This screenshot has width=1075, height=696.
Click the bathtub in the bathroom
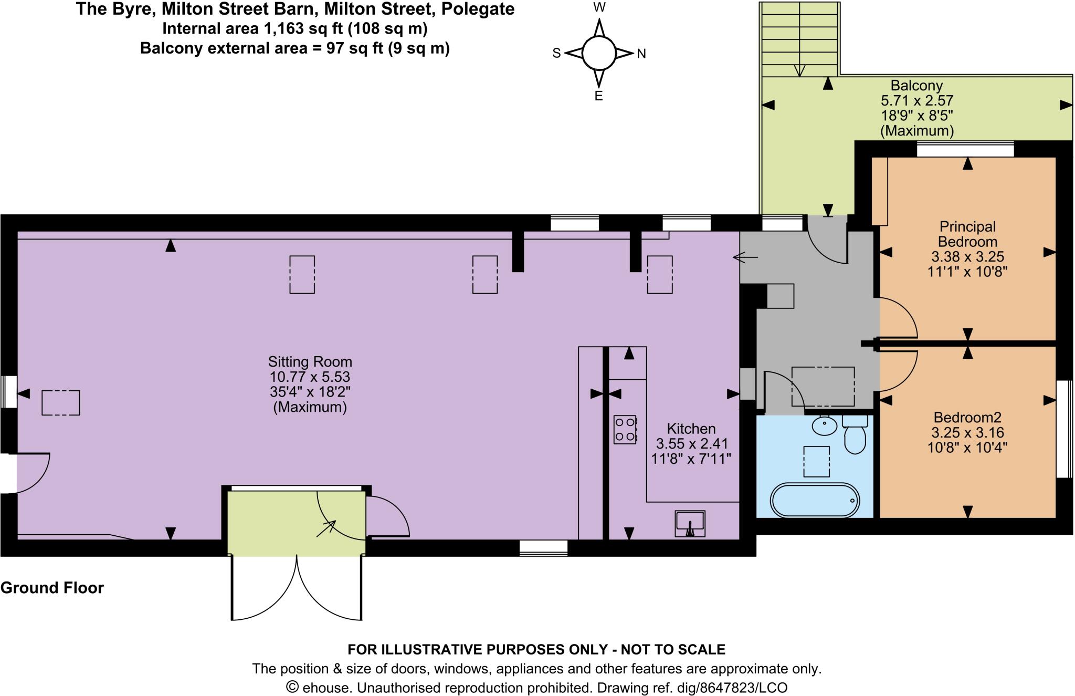815,500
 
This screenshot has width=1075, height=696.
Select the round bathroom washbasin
825,425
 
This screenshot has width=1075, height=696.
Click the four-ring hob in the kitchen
625,429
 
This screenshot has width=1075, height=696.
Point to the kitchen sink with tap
690,524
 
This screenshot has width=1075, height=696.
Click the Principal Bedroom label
967,234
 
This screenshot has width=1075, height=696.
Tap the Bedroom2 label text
967,418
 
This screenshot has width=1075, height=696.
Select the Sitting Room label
310,361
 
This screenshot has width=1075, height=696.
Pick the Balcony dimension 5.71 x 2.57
916,100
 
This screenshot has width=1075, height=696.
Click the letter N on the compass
641,54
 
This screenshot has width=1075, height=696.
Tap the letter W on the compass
599,7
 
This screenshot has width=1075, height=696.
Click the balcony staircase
799,39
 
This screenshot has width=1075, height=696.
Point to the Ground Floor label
52,587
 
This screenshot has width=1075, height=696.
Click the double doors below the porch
297,588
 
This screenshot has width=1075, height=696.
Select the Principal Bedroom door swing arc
899,317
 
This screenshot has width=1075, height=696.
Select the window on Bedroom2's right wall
1063,429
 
